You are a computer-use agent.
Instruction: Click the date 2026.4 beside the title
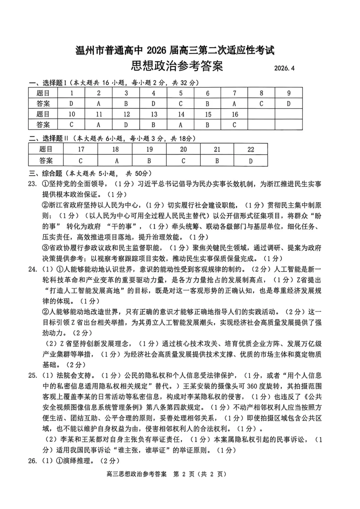point(284,68)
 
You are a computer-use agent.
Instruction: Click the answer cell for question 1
point(71,104)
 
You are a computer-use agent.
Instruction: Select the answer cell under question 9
point(289,104)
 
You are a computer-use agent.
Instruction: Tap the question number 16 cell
point(235,114)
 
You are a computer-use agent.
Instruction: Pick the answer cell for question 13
point(153,125)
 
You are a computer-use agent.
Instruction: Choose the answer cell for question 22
point(251,161)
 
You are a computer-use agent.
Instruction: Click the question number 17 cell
point(81,149)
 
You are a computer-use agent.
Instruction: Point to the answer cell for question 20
point(183,161)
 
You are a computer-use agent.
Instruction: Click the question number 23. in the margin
point(32,184)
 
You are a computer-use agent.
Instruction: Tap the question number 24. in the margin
point(32,269)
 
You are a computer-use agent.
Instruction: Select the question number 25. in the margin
point(32,376)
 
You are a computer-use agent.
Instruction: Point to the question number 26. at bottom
point(32,461)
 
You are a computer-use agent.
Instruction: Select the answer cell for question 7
point(234,104)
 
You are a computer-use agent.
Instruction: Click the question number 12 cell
point(126,114)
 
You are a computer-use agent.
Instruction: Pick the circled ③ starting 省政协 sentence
point(45,248)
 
